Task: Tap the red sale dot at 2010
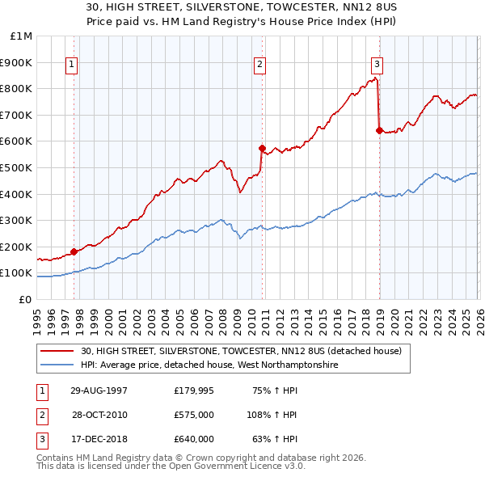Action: coord(262,148)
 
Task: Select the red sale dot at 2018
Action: coord(379,130)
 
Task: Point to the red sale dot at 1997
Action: coord(74,251)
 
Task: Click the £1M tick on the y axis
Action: coord(22,36)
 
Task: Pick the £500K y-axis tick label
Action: coord(18,167)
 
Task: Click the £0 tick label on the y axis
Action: coord(24,299)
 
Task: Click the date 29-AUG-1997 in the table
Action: coord(99,390)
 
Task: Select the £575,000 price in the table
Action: coord(194,415)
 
